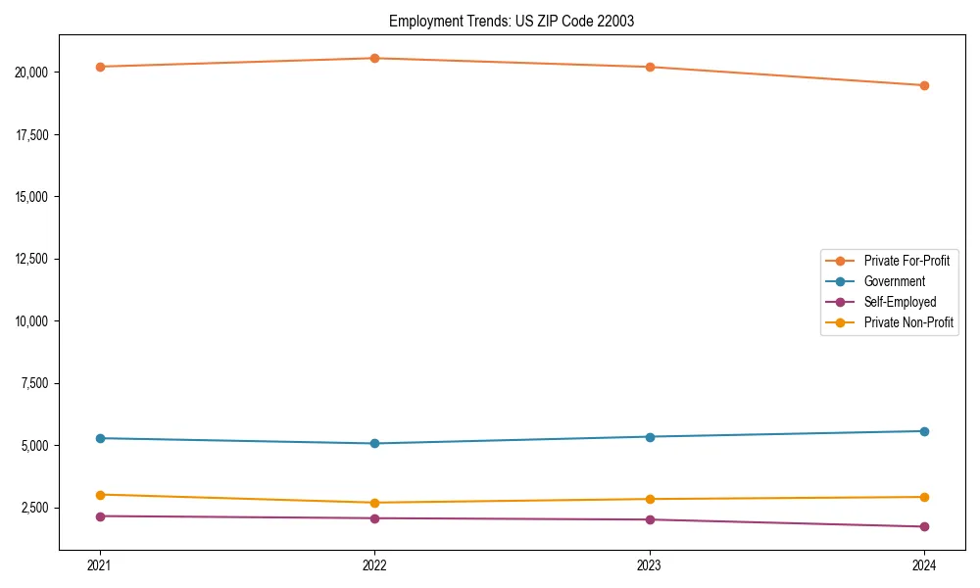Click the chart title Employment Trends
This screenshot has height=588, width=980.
[x=512, y=21]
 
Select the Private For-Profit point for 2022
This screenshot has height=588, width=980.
[x=374, y=58]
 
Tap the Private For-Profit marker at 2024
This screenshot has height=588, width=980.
[x=924, y=85]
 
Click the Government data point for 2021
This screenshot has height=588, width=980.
[x=99, y=438]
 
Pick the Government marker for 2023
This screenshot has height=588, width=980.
[x=650, y=436]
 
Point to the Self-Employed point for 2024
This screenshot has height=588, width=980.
[x=924, y=526]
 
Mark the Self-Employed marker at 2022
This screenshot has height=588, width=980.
[x=374, y=518]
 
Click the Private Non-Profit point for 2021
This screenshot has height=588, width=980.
[x=99, y=495]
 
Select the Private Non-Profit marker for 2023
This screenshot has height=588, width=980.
[x=650, y=499]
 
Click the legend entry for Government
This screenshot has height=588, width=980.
[x=894, y=281]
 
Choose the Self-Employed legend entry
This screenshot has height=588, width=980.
[x=900, y=302]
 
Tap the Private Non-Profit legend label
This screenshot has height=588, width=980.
[x=908, y=322]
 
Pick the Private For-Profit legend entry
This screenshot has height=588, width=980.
[x=906, y=261]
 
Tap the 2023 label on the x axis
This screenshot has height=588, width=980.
[x=650, y=564]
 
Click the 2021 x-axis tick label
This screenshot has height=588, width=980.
[x=99, y=564]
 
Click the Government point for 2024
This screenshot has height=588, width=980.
[x=924, y=431]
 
